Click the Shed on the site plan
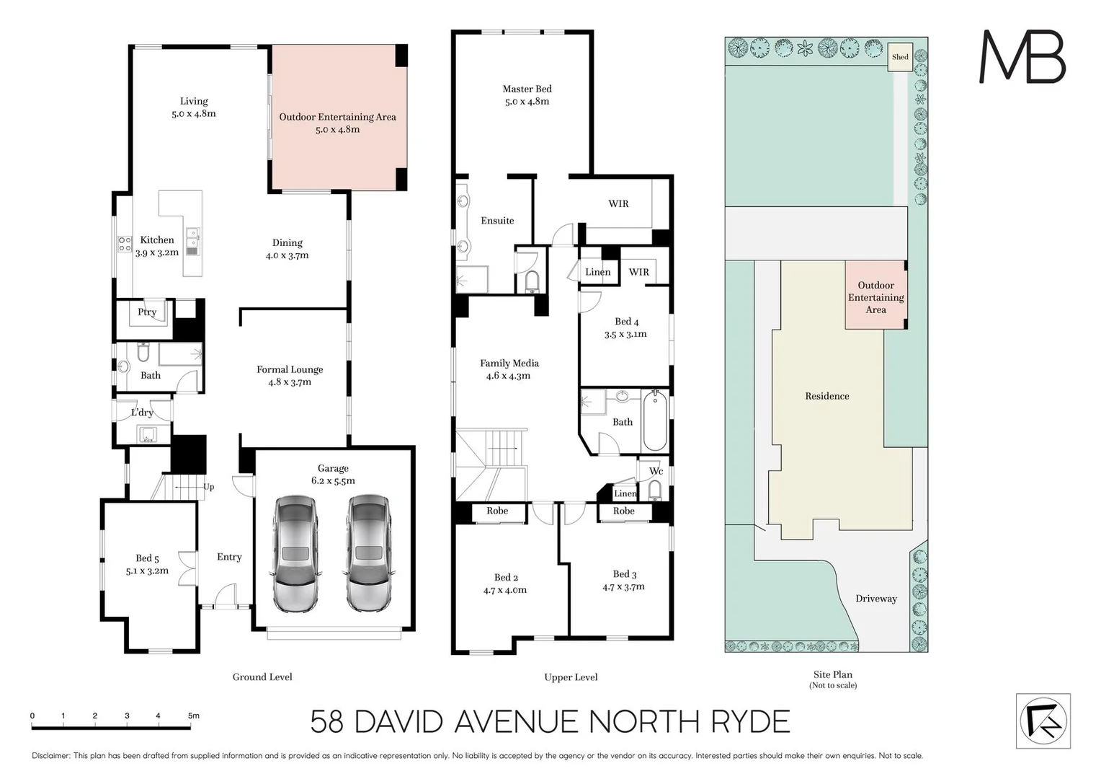pyautogui.click(x=900, y=57)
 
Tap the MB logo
pyautogui.click(x=1022, y=57)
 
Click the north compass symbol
pyautogui.click(x=1043, y=721)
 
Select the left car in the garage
pyautogui.click(x=295, y=553)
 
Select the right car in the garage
pyautogui.click(x=369, y=553)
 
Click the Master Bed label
pyautogui.click(x=527, y=89)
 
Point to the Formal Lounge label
pyautogui.click(x=290, y=369)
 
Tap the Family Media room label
pyautogui.click(x=509, y=363)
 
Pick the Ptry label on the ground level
pyautogui.click(x=147, y=312)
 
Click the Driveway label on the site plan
pyautogui.click(x=875, y=598)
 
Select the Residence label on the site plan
pyautogui.click(x=826, y=396)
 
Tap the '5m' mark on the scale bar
pyautogui.click(x=194, y=716)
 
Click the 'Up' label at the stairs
pyautogui.click(x=208, y=487)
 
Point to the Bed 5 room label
pyautogui.click(x=147, y=558)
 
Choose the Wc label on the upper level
pyautogui.click(x=656, y=471)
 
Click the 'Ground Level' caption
pyautogui.click(x=262, y=677)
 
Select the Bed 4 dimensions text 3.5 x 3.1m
pyautogui.click(x=625, y=334)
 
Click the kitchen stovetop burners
pyautogui.click(x=125, y=245)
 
